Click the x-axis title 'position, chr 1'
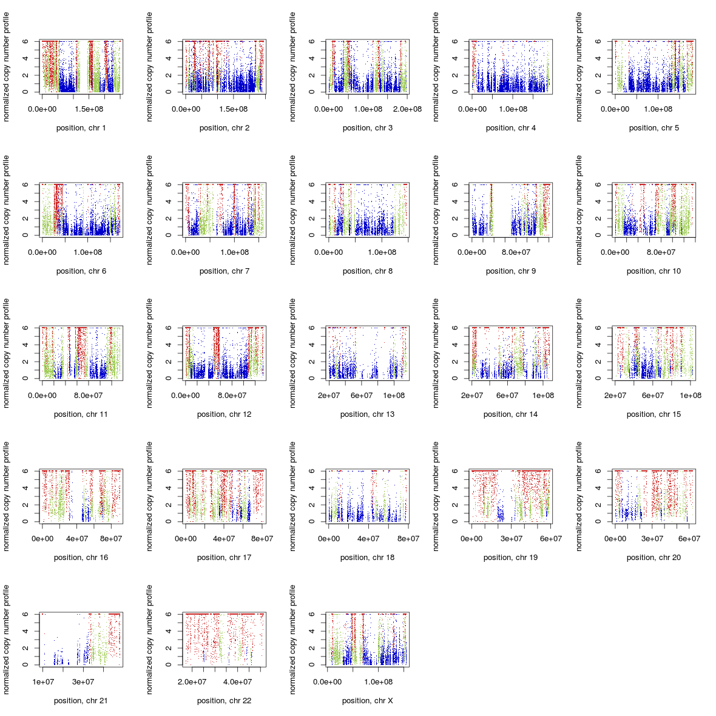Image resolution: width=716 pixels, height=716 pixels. click(x=81, y=128)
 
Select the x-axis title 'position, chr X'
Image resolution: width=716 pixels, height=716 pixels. click(x=367, y=701)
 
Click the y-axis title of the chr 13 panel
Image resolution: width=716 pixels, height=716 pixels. click(x=292, y=353)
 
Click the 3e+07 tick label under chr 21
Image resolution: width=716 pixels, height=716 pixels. click(x=83, y=682)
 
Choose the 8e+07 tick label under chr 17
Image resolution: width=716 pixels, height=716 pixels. click(x=262, y=539)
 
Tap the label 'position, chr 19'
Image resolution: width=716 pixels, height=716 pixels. click(x=510, y=558)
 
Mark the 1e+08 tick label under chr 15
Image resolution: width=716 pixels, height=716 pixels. click(x=691, y=396)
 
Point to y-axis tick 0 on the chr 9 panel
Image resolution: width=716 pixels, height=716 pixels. click(x=455, y=235)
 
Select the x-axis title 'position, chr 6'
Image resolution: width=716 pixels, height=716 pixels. click(x=81, y=271)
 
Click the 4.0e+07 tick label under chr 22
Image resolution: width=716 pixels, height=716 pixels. click(x=237, y=682)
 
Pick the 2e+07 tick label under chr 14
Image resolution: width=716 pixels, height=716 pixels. click(x=472, y=396)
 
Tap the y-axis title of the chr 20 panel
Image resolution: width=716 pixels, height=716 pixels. click(x=579, y=496)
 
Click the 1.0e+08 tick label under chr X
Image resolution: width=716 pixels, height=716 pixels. click(x=379, y=682)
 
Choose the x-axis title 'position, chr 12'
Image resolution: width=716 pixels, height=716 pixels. click(x=224, y=414)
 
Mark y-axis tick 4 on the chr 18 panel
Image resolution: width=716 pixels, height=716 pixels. click(x=312, y=488)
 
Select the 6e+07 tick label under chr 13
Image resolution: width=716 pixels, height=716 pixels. click(x=362, y=396)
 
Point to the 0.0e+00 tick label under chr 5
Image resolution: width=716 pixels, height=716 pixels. click(x=615, y=109)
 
